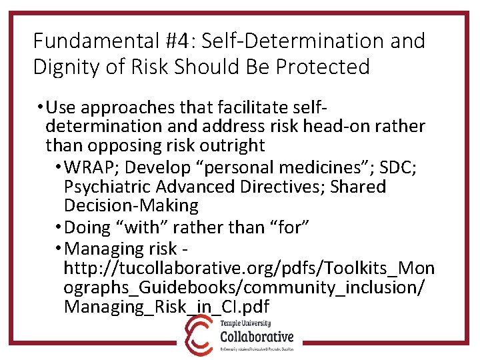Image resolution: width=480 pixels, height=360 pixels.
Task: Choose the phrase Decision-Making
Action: pyautogui.click(x=131, y=206)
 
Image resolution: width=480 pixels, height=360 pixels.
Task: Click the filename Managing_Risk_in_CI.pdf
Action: pyautogui.click(x=166, y=307)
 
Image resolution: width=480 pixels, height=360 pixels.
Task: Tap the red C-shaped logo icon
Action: pyautogui.click(x=199, y=336)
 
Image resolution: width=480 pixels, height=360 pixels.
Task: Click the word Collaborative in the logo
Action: pyautogui.click(x=256, y=336)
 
